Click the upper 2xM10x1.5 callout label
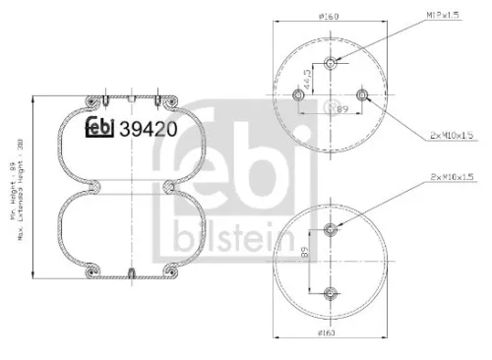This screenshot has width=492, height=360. (x=451, y=134)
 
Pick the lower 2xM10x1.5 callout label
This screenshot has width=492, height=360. (x=451, y=176)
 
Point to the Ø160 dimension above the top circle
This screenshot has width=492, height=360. (x=328, y=16)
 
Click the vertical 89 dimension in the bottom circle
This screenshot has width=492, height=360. (x=307, y=261)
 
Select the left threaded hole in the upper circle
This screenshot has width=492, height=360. (x=298, y=95)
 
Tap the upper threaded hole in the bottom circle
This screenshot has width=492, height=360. (x=330, y=230)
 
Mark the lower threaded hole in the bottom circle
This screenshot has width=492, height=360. (x=330, y=292)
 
